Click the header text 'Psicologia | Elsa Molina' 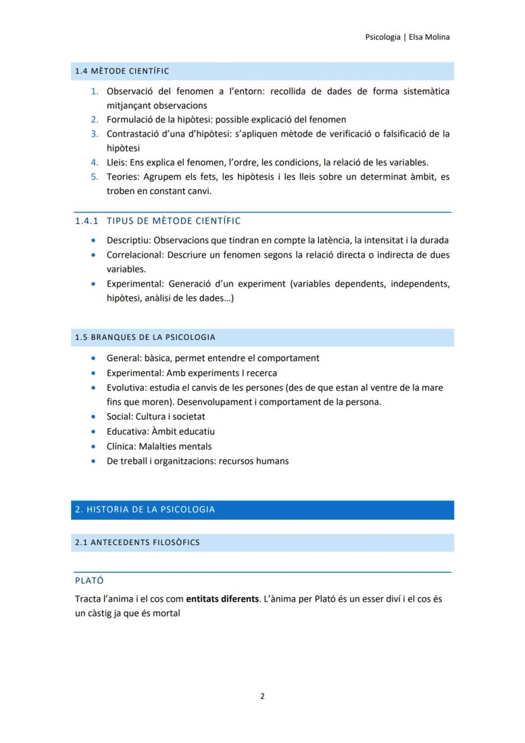pyautogui.click(x=407, y=37)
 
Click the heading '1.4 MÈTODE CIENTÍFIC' pyautogui.click(x=122, y=71)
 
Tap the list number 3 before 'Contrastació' pyautogui.click(x=94, y=133)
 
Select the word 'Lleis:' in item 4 pyautogui.click(x=118, y=162)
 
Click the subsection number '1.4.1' pyautogui.click(x=87, y=221)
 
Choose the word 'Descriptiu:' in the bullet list pyautogui.click(x=129, y=240)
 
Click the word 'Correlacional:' pyautogui.click(x=134, y=255)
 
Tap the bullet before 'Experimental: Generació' pyautogui.click(x=94, y=284)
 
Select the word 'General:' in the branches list pyautogui.click(x=124, y=358)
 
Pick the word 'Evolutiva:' pyautogui.click(x=126, y=387)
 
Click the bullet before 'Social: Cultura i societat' pyautogui.click(x=94, y=417)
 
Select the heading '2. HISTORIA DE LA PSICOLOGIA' pyautogui.click(x=145, y=510)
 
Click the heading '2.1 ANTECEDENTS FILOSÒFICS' pyautogui.click(x=137, y=542)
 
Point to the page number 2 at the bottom pyautogui.click(x=262, y=695)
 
